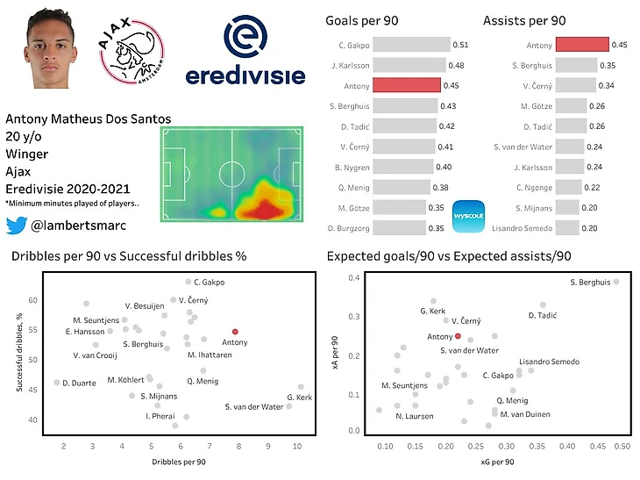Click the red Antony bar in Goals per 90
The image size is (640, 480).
pyautogui.click(x=407, y=85)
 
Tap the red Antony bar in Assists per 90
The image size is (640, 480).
pyautogui.click(x=582, y=45)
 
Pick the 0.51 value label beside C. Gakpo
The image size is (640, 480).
pyautogui.click(x=460, y=45)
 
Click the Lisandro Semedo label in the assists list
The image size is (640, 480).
pyautogui.click(x=523, y=228)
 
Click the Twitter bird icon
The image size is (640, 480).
pyautogui.click(x=16, y=226)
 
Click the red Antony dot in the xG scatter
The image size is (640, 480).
pyautogui.click(x=458, y=336)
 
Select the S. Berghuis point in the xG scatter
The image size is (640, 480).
pyautogui.click(x=616, y=282)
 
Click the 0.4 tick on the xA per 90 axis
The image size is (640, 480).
pyautogui.click(x=354, y=278)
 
